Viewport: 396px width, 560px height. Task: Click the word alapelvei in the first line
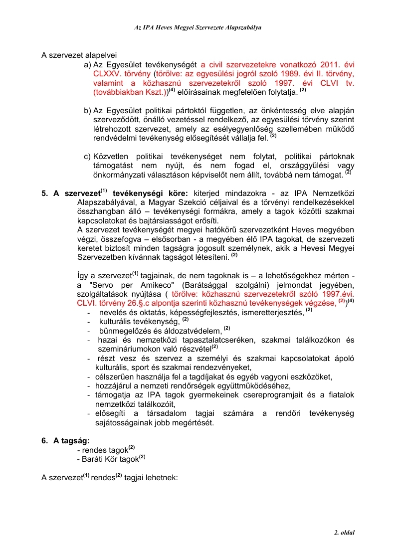pyautogui.click(x=101, y=55)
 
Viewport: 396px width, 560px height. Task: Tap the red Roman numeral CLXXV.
pyautogui.click(x=107, y=74)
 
